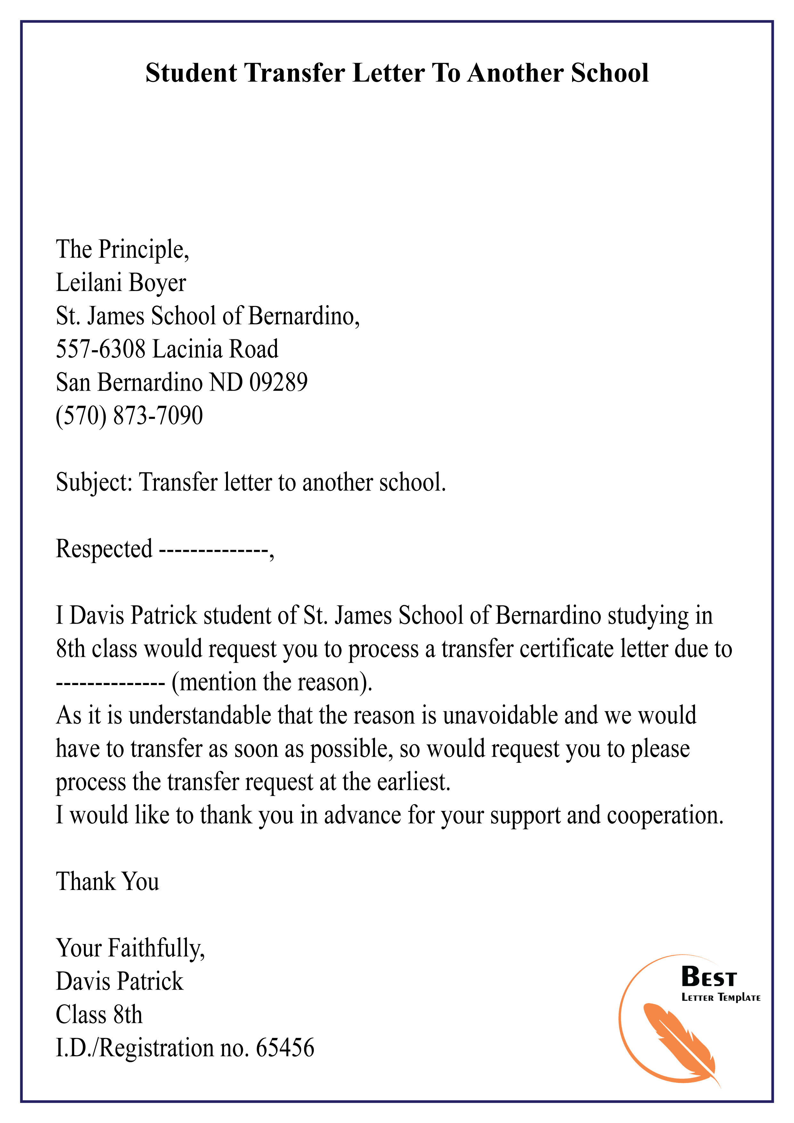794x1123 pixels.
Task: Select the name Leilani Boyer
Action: pyautogui.click(x=121, y=283)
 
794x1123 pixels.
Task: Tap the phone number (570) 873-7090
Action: pyautogui.click(x=129, y=416)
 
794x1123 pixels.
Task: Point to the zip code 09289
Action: pyautogui.click(x=278, y=383)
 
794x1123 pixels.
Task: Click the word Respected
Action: pyautogui.click(x=104, y=549)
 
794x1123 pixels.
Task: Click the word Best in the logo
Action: pyautogui.click(x=709, y=978)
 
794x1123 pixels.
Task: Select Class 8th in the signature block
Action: pyautogui.click(x=99, y=1015)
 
